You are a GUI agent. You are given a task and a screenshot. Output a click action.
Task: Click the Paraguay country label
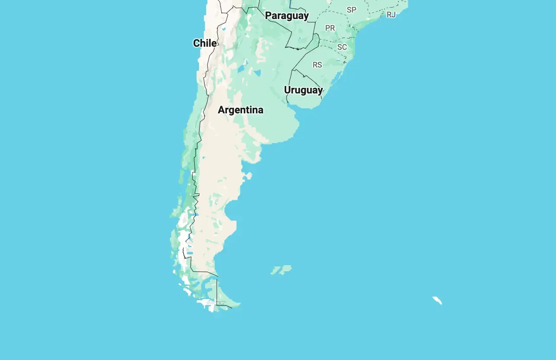[287, 16]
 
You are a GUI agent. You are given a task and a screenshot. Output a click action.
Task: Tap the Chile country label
[205, 43]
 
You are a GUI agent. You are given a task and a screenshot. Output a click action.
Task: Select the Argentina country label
[240, 110]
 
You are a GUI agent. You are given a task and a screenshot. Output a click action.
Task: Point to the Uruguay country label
[303, 90]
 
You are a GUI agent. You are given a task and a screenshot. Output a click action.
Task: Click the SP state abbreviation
[351, 10]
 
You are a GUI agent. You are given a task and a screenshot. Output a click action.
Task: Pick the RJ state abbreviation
[391, 15]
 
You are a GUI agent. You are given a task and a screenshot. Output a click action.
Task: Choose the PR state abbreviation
[330, 28]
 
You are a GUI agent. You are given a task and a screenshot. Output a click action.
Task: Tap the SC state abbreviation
[342, 47]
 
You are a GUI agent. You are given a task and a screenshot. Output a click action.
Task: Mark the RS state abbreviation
[317, 65]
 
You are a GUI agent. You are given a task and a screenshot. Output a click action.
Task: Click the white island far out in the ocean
[437, 300]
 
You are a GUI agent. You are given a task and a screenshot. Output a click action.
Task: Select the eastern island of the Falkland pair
[286, 269]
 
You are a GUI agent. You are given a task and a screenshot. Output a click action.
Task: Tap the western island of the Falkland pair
[276, 271]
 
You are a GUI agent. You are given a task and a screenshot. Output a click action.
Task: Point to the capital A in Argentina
[222, 110]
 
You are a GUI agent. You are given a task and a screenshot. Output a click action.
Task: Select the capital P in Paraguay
[268, 16]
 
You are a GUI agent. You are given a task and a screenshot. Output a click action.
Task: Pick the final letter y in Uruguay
[320, 91]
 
